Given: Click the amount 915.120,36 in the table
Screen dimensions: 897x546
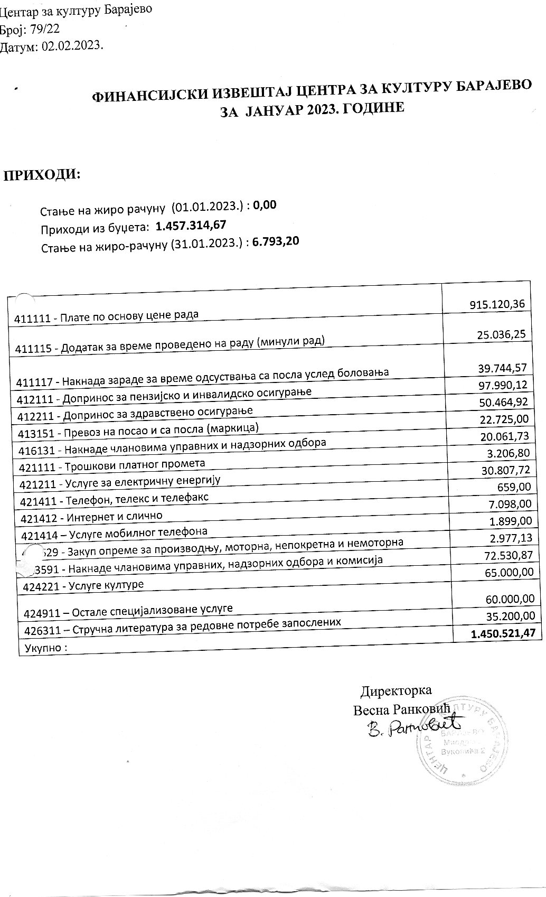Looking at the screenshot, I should click(497, 304).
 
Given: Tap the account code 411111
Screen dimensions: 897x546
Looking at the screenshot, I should click(33, 320).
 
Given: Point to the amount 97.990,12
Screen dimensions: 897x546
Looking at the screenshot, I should click(502, 385).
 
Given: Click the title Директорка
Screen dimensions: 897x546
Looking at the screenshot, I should click(396, 690).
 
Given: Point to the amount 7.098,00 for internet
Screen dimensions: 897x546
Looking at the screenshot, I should click(511, 504).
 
